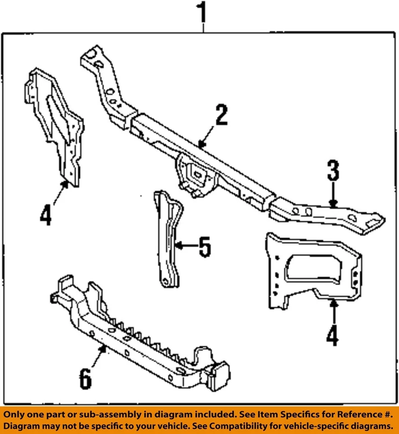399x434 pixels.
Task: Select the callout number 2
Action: click(221, 116)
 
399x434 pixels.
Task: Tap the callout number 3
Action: click(333, 171)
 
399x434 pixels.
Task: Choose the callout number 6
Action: click(85, 379)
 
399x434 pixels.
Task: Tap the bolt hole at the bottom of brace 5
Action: click(167, 282)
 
